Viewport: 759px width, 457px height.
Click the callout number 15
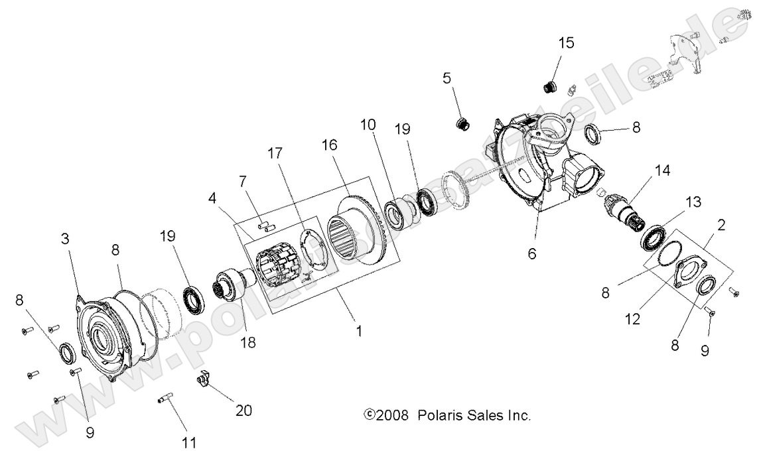coord(566,44)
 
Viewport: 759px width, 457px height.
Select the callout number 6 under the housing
coord(531,253)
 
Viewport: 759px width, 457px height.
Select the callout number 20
coord(243,411)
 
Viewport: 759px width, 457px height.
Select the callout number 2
coord(721,224)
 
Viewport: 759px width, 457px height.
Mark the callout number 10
coord(368,124)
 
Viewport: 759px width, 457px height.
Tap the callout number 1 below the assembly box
coord(359,330)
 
